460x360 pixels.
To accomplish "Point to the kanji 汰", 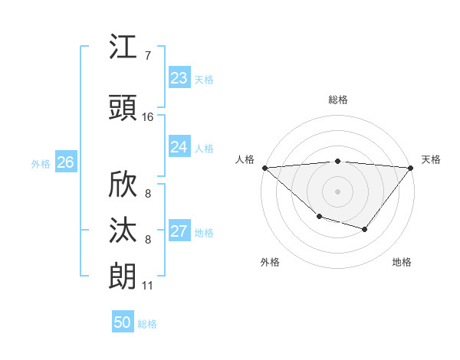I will (123, 231).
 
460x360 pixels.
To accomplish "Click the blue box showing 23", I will (179, 78).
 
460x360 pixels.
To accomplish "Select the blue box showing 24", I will (179, 147).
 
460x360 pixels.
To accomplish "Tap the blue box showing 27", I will (179, 232).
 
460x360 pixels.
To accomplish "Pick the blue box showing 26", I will (65, 162).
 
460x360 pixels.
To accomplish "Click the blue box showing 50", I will (123, 322).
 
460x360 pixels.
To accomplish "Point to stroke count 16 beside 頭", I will (148, 117).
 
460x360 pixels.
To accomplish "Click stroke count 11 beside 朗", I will (147, 286).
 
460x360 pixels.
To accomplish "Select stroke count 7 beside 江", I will (147, 55).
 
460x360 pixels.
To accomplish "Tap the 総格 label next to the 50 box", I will (147, 324).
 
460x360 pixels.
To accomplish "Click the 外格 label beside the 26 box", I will (41, 163).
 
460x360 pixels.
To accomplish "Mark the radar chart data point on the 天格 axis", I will (411, 167).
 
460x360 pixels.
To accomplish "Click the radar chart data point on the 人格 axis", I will (264, 167).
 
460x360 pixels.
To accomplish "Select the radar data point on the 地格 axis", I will (365, 229).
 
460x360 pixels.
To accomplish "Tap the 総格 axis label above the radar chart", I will (338, 100).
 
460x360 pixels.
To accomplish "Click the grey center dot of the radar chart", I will (338, 191).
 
